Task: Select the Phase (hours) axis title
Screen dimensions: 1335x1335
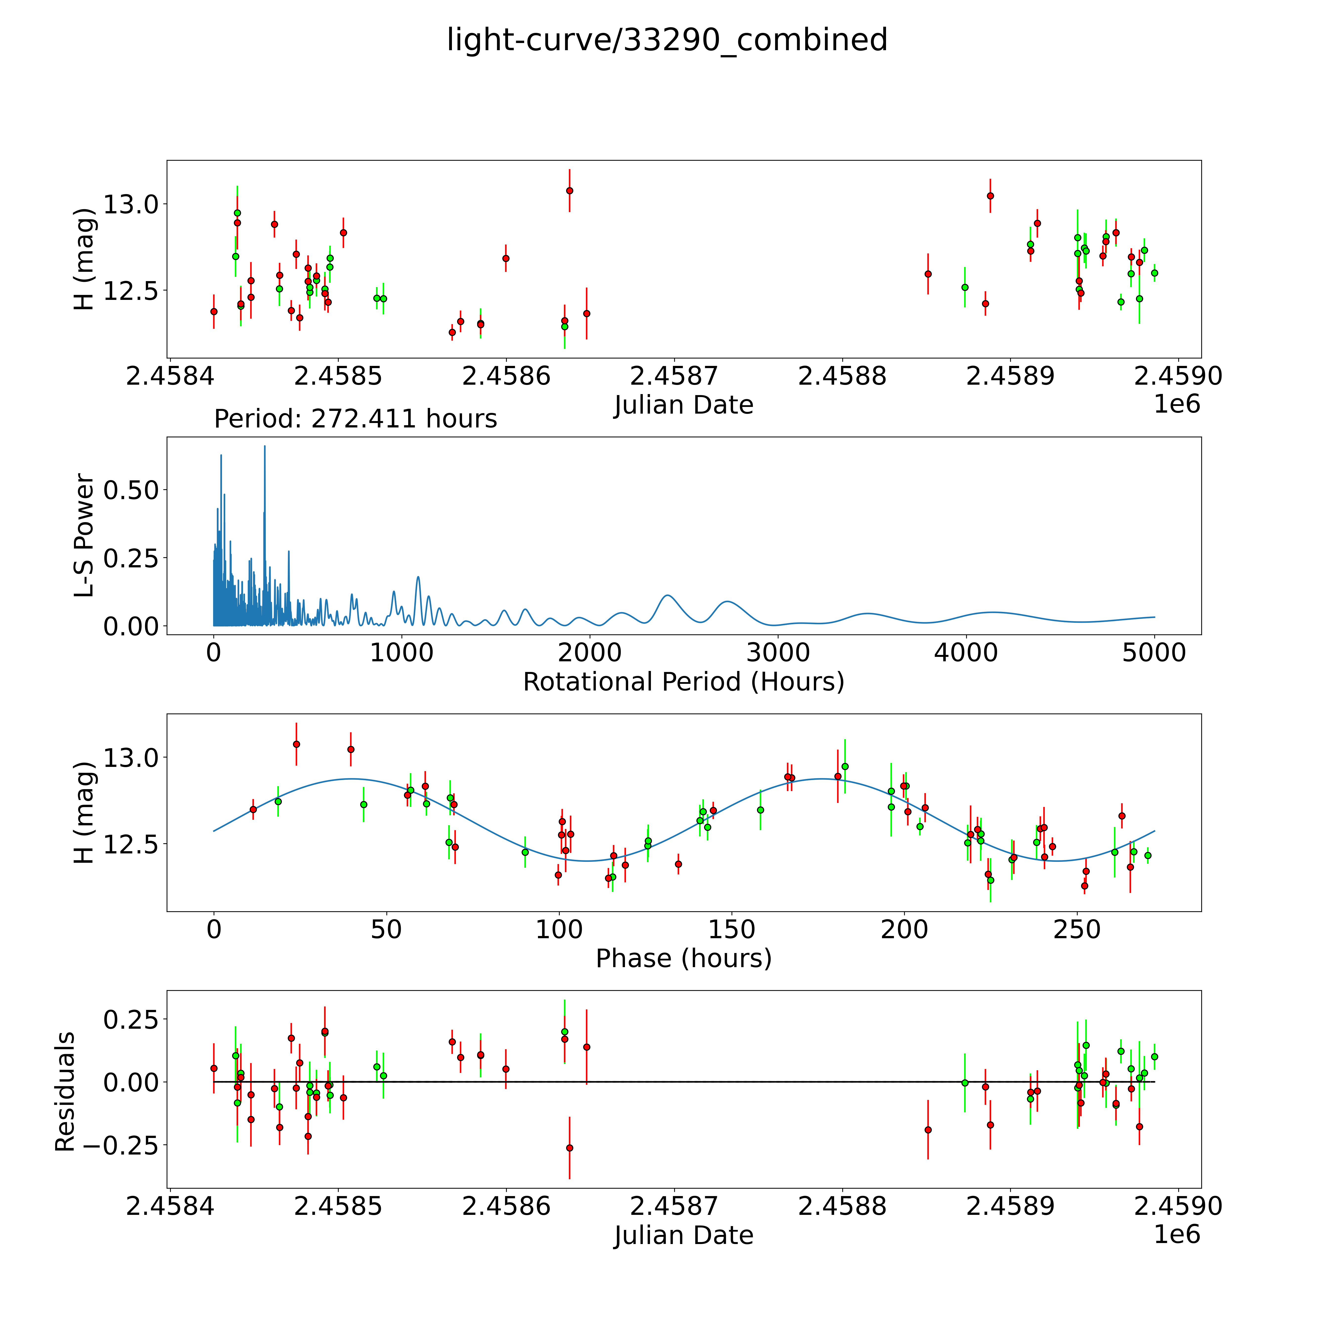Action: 683,958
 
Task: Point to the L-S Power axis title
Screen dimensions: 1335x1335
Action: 84,535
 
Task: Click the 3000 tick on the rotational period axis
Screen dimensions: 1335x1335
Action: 778,653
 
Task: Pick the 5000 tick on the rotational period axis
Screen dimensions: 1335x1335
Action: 1154,653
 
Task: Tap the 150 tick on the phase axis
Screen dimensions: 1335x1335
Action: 732,930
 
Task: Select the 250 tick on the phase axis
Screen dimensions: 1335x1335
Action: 1077,930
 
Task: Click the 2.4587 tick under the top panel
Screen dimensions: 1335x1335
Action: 674,377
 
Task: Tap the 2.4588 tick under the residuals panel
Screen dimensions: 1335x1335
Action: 842,1206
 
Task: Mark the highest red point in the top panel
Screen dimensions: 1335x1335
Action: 569,191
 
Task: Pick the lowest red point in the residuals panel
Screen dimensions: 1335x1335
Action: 569,1148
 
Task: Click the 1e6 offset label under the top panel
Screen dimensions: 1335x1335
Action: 1177,404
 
